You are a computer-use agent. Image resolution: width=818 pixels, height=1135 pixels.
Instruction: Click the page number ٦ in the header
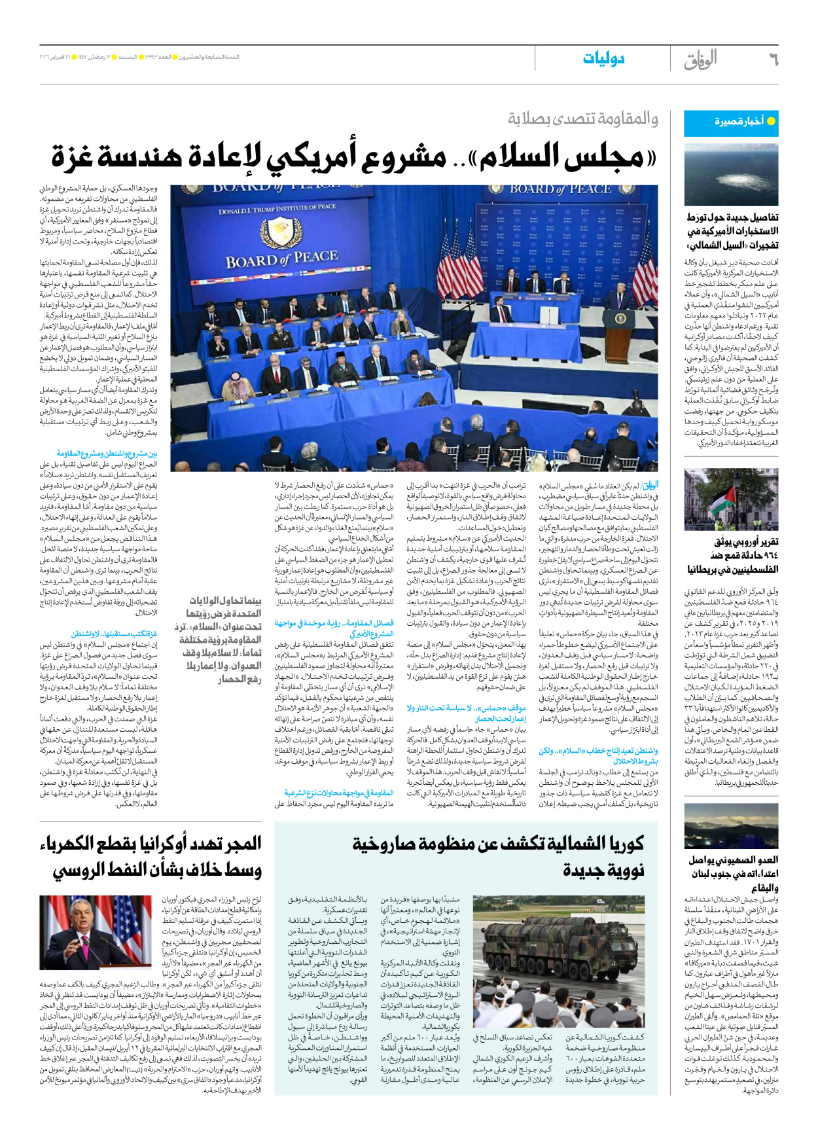click(772, 60)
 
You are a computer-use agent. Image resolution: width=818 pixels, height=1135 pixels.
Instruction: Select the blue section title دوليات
click(603, 59)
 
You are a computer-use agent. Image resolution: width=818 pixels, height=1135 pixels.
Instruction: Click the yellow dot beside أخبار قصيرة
click(771, 121)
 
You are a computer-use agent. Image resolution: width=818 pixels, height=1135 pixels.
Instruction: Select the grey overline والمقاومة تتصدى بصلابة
click(583, 119)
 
